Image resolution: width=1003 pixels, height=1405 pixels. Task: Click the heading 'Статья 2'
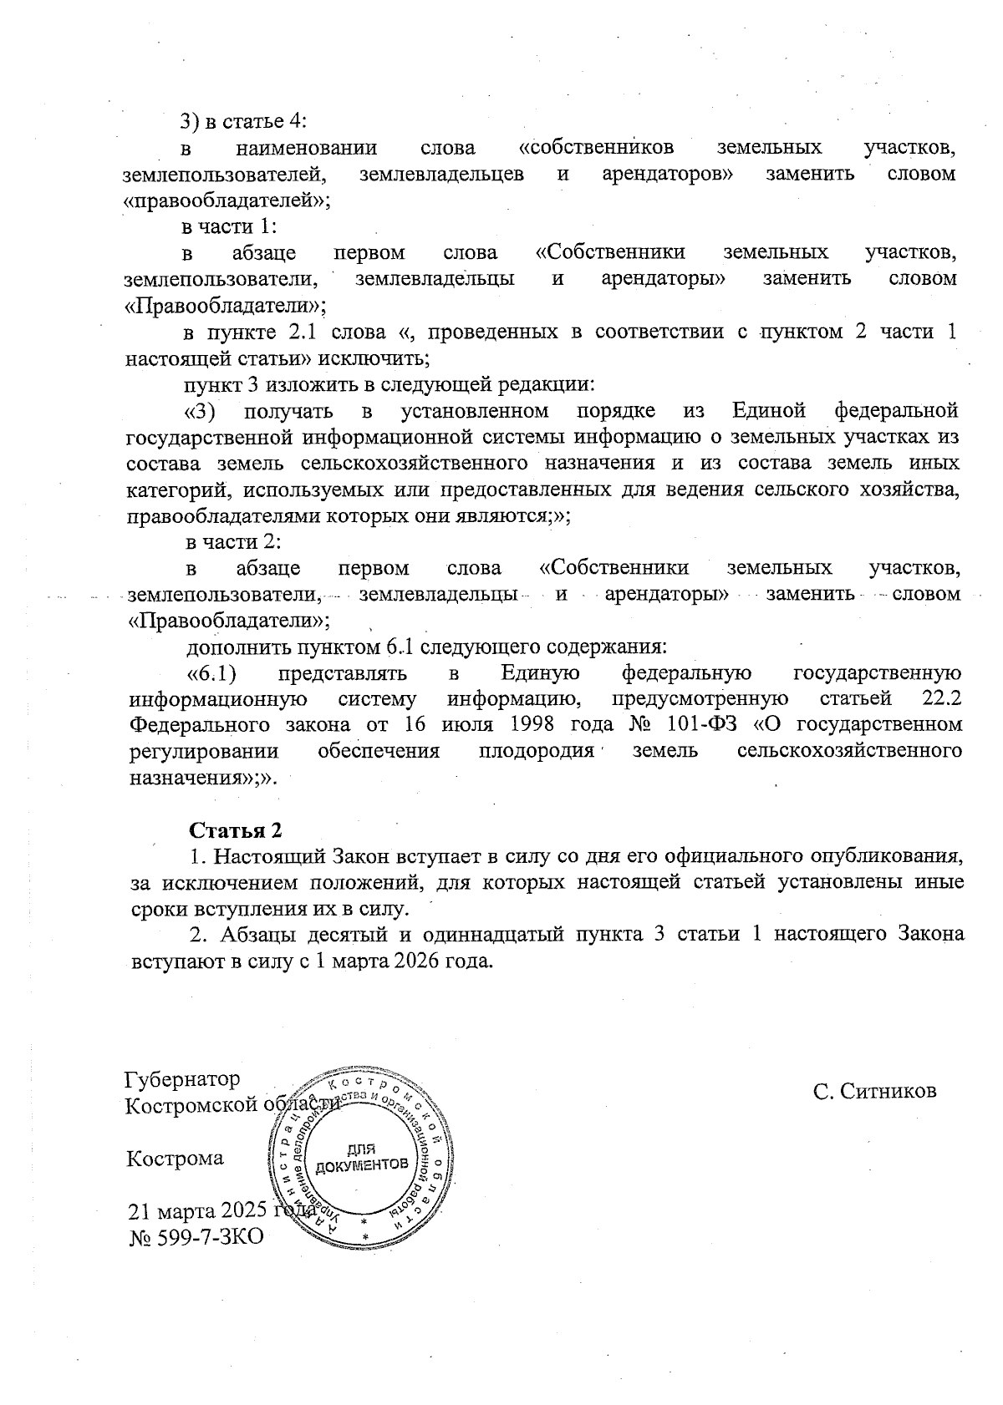(x=236, y=831)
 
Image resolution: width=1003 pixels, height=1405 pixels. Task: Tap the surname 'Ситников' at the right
(x=888, y=1091)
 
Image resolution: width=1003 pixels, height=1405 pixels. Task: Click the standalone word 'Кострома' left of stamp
(x=175, y=1159)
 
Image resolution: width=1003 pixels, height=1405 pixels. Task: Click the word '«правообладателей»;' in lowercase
(x=227, y=200)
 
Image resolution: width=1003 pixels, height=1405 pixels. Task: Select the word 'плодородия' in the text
(x=536, y=750)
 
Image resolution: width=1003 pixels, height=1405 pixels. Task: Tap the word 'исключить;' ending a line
(x=387, y=359)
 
